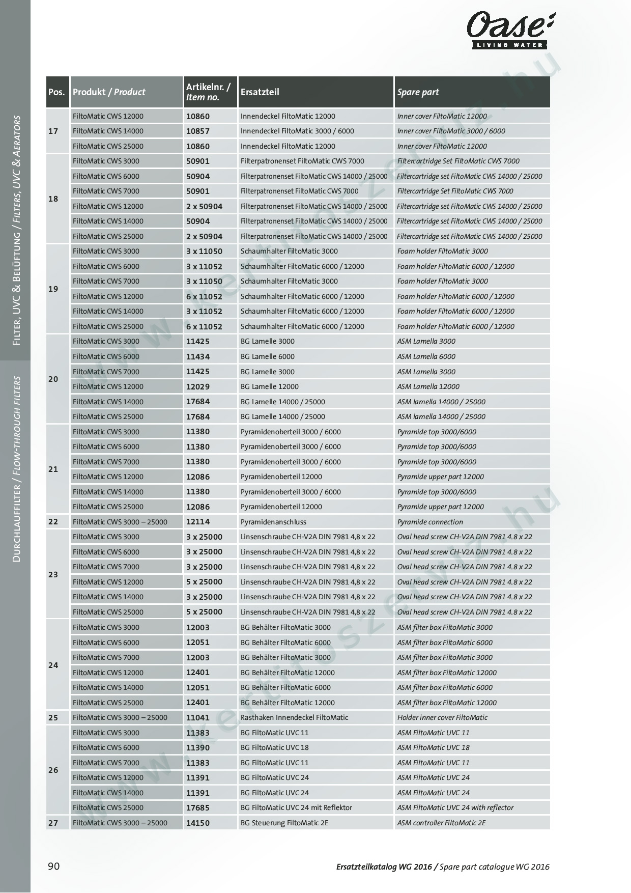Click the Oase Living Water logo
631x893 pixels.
pos(511,31)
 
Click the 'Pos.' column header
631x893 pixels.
pos(56,92)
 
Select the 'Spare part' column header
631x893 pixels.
pos(418,92)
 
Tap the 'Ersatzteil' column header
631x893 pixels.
pos(260,92)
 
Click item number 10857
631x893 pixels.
pos(197,131)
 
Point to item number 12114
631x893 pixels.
pos(197,522)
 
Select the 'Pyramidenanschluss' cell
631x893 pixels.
pos(273,522)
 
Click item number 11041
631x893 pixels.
pos(197,717)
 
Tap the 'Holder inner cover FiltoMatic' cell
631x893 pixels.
pos(442,717)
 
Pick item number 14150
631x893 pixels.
pos(197,823)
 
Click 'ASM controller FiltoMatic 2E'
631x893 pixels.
pos(441,823)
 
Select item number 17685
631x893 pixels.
pos(197,807)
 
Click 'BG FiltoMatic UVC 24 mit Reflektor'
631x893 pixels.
pos(296,807)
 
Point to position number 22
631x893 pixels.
pos(53,522)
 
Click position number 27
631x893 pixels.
pos(53,823)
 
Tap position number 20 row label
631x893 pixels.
pos(53,379)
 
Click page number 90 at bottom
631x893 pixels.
pos(53,866)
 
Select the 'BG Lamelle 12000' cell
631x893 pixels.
pos(269,386)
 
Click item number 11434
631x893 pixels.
pos(197,357)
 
